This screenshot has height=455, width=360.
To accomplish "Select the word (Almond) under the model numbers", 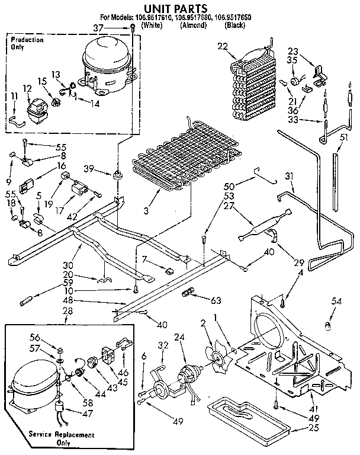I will click(193, 25).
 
